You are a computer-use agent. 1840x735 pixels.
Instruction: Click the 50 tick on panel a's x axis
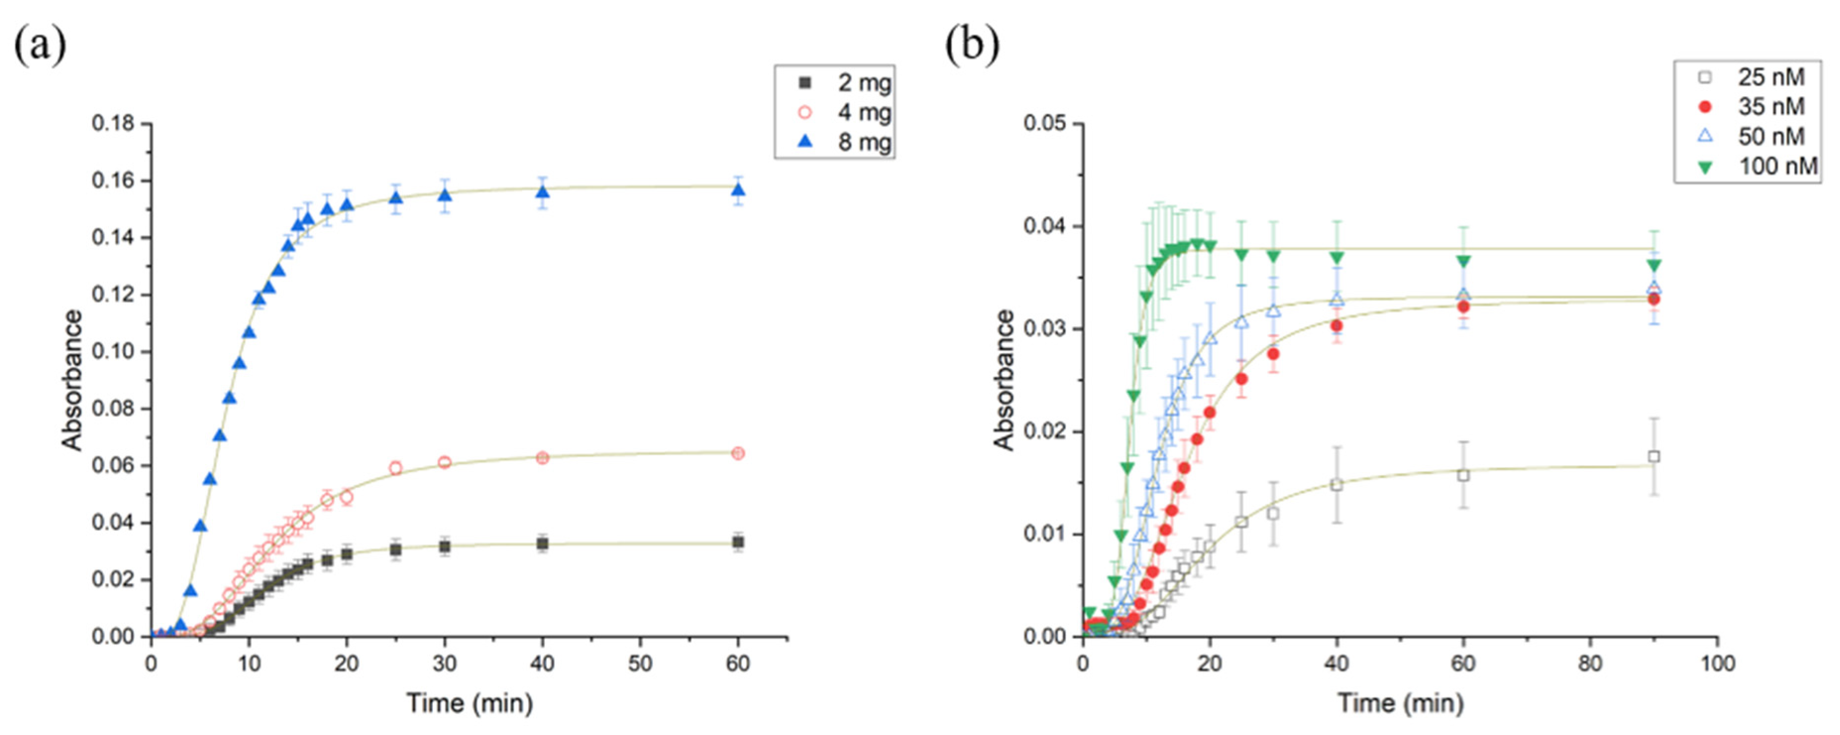[x=640, y=664]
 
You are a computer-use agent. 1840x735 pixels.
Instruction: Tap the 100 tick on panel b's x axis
[x=1717, y=664]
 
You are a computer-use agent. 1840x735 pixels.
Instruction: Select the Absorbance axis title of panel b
[x=1004, y=380]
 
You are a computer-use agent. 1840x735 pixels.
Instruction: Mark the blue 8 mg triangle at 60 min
[x=738, y=190]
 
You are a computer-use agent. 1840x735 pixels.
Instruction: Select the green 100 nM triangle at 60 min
[x=1464, y=262]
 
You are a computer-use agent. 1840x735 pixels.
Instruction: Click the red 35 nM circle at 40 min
[x=1336, y=326]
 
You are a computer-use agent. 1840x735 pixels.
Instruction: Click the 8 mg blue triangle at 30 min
[x=444, y=196]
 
